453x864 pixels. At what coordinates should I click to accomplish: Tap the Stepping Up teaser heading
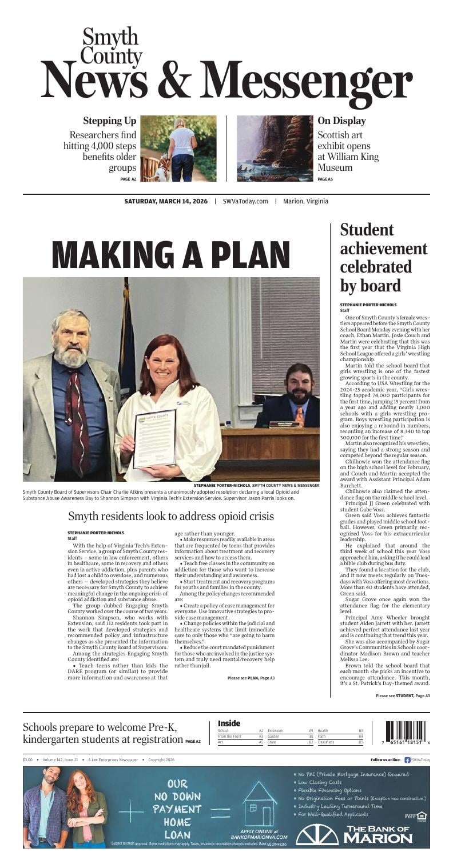[x=109, y=121]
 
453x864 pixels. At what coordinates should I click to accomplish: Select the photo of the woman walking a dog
[x=178, y=149]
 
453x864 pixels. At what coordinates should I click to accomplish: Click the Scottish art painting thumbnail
[x=275, y=149]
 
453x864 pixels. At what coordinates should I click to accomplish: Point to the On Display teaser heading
[x=341, y=121]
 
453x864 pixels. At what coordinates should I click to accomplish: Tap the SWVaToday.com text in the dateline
[x=245, y=201]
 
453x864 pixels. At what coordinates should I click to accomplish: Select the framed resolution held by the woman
[x=155, y=438]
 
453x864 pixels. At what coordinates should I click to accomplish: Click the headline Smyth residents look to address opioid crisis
[x=171, y=516]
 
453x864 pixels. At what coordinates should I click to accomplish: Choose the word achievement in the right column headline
[x=383, y=249]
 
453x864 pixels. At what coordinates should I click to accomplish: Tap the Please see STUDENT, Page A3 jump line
[x=402, y=695]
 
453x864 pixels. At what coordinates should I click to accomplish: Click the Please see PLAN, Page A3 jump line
[x=251, y=678]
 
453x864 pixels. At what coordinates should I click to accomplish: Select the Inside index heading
[x=229, y=723]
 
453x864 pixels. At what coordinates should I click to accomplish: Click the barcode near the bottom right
[x=406, y=731]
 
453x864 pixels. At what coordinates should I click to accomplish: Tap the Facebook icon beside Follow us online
[x=407, y=760]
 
